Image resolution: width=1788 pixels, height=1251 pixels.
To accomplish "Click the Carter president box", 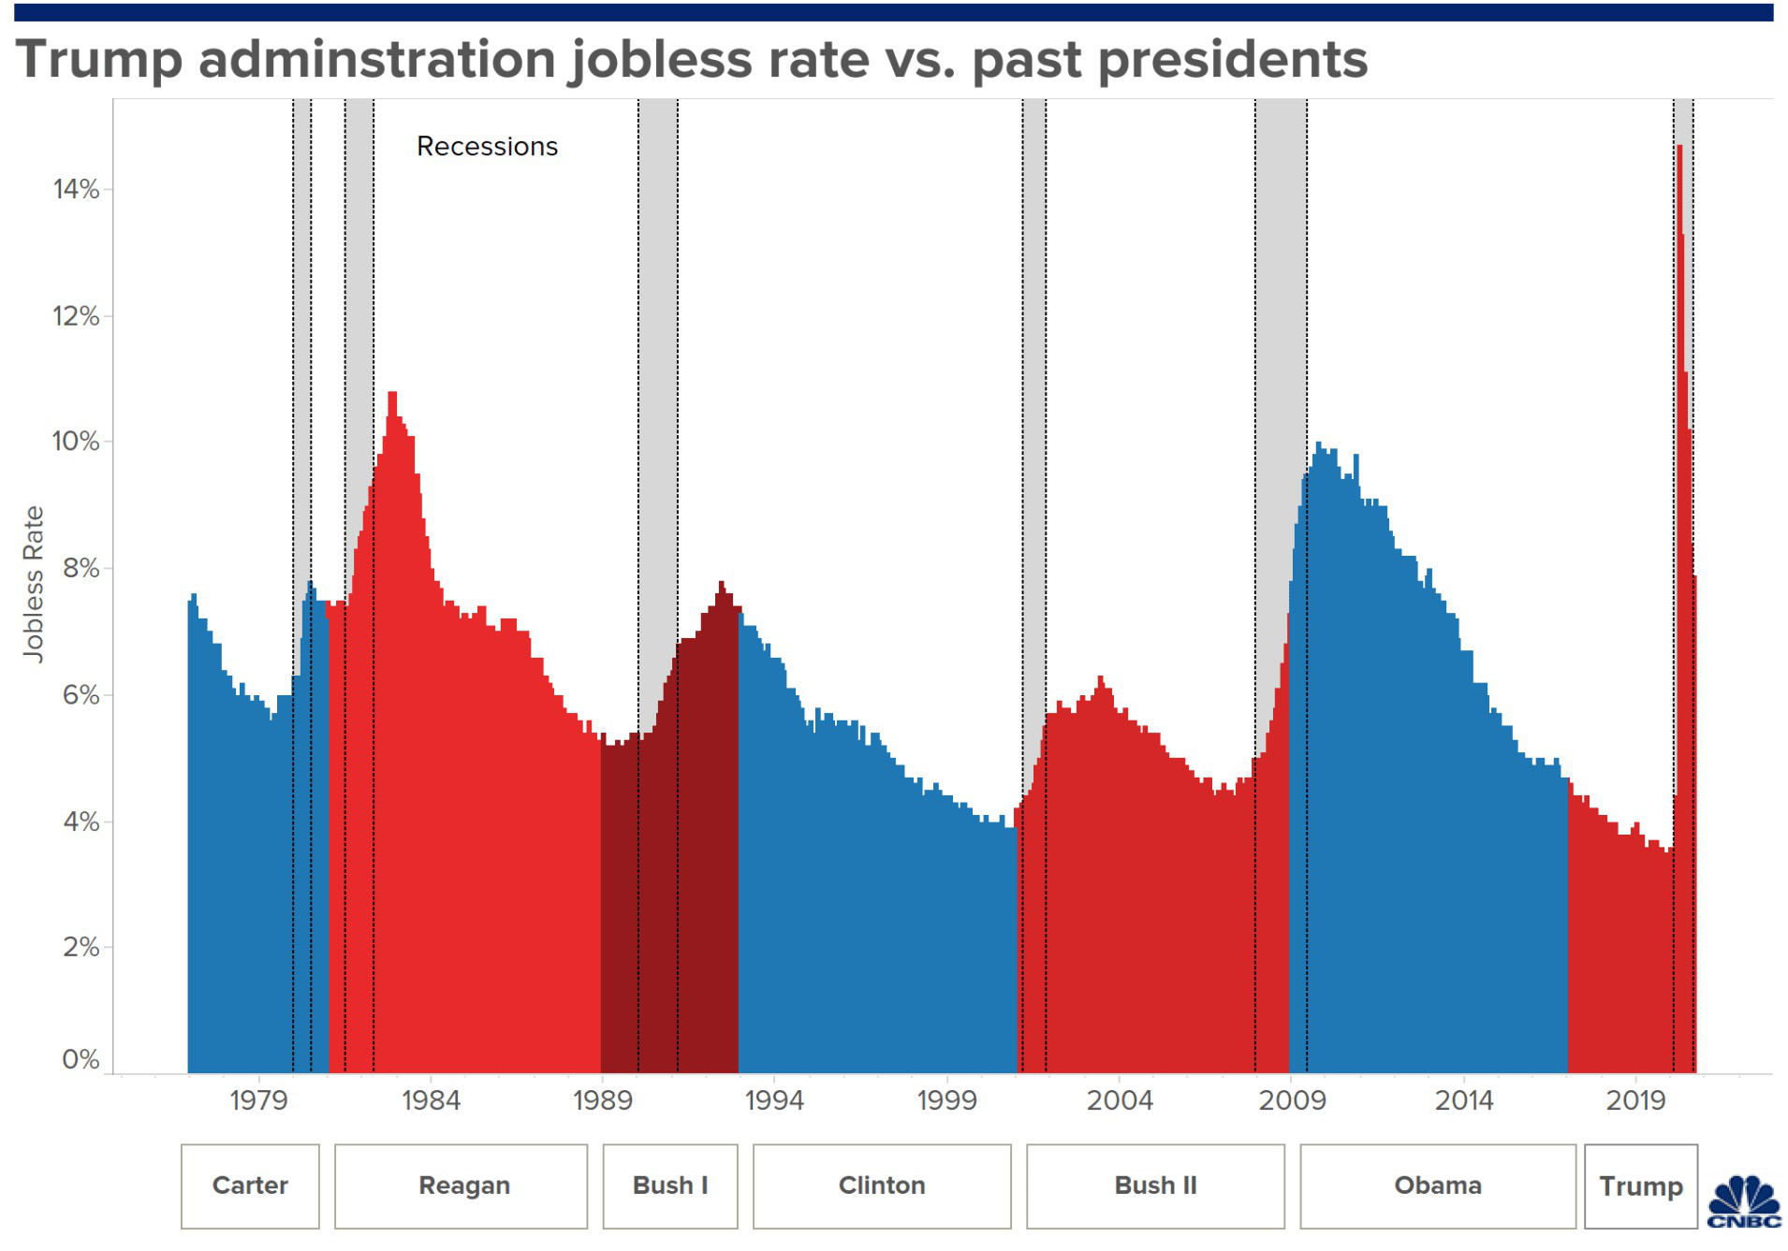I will (250, 1186).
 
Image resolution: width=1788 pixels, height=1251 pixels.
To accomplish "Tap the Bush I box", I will (670, 1186).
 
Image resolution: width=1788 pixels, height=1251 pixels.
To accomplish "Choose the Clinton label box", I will (882, 1186).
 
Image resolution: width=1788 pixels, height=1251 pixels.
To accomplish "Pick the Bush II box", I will (1155, 1186).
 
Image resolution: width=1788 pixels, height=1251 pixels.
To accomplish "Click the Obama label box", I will (1438, 1186).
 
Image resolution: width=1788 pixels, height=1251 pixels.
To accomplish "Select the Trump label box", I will (1641, 1186).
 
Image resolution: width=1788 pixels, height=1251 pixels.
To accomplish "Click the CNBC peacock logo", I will (1744, 1202).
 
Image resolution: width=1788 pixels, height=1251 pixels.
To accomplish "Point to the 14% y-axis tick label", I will (76, 189).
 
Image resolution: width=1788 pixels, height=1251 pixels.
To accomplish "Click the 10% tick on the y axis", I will (76, 441).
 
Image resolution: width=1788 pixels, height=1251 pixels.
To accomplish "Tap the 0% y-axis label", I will (81, 1059).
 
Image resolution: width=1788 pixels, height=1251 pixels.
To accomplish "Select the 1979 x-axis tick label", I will (258, 1099).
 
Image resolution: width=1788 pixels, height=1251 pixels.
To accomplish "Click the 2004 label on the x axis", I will (1120, 1099).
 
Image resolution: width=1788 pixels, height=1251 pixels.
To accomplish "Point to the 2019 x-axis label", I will (1635, 1099).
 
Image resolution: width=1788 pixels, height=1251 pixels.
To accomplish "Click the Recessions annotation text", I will (487, 147).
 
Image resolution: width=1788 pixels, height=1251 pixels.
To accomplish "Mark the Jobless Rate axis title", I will (33, 585).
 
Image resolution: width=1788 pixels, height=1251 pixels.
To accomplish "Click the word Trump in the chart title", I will (98, 59).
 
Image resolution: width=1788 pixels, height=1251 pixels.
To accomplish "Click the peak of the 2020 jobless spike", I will (1680, 147).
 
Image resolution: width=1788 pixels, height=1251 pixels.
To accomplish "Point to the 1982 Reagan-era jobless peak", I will (392, 394).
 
